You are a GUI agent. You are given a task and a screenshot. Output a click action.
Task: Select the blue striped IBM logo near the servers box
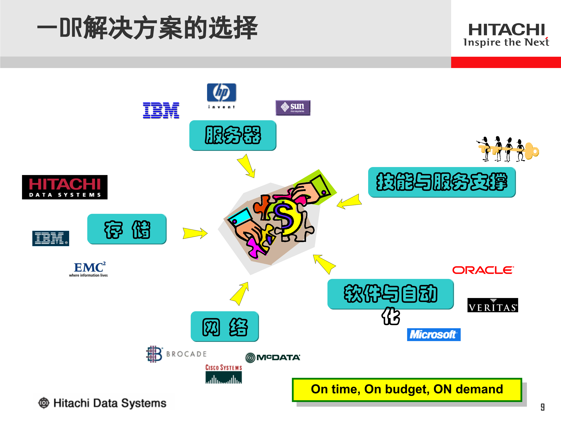(x=161, y=110)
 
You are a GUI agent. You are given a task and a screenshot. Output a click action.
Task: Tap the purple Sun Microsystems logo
(x=293, y=108)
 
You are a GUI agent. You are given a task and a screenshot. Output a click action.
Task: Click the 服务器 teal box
(x=233, y=135)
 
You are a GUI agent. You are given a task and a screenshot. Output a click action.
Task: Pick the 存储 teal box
(x=127, y=229)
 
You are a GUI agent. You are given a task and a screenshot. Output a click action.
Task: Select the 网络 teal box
(x=225, y=327)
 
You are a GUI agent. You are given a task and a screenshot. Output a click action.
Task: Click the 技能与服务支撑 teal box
(x=442, y=182)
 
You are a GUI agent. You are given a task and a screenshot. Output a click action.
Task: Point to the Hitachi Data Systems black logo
(x=65, y=187)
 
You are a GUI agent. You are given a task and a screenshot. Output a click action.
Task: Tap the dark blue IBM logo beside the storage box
(x=51, y=238)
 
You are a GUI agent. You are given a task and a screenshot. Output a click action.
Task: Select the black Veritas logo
(x=492, y=305)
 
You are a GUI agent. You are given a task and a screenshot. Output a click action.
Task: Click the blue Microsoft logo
(x=434, y=334)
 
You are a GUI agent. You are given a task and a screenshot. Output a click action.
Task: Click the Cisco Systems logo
(x=223, y=374)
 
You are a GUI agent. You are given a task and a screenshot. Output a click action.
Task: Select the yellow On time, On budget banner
(x=407, y=390)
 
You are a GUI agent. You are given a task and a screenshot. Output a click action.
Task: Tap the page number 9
(x=542, y=407)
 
